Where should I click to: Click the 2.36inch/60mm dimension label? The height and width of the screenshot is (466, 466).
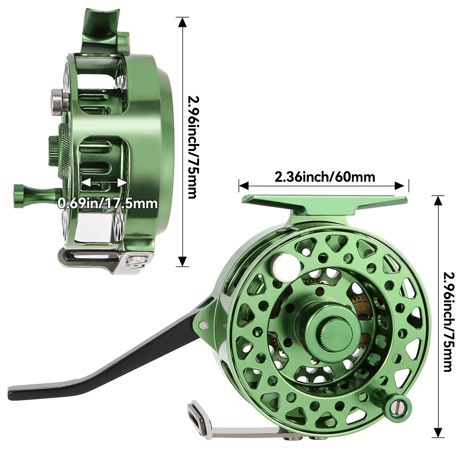coord(325,177)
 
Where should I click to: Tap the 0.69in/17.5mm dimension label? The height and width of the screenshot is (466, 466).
coord(108,203)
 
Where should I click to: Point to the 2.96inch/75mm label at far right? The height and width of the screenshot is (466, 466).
coord(448,322)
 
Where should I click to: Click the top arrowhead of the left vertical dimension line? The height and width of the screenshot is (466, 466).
coord(182,22)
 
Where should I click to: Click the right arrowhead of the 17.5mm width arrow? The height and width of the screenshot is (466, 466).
coord(123,183)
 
